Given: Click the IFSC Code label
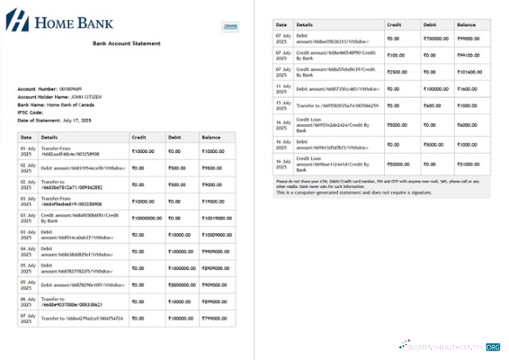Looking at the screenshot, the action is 30,112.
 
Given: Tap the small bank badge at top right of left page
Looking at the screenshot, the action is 230,27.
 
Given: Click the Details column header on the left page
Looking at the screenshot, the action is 49,137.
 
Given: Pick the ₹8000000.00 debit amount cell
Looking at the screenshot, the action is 183,284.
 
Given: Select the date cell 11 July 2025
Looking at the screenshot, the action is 283,87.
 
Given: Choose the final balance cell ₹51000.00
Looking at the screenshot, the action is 467,163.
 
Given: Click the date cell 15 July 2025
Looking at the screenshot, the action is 283,106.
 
